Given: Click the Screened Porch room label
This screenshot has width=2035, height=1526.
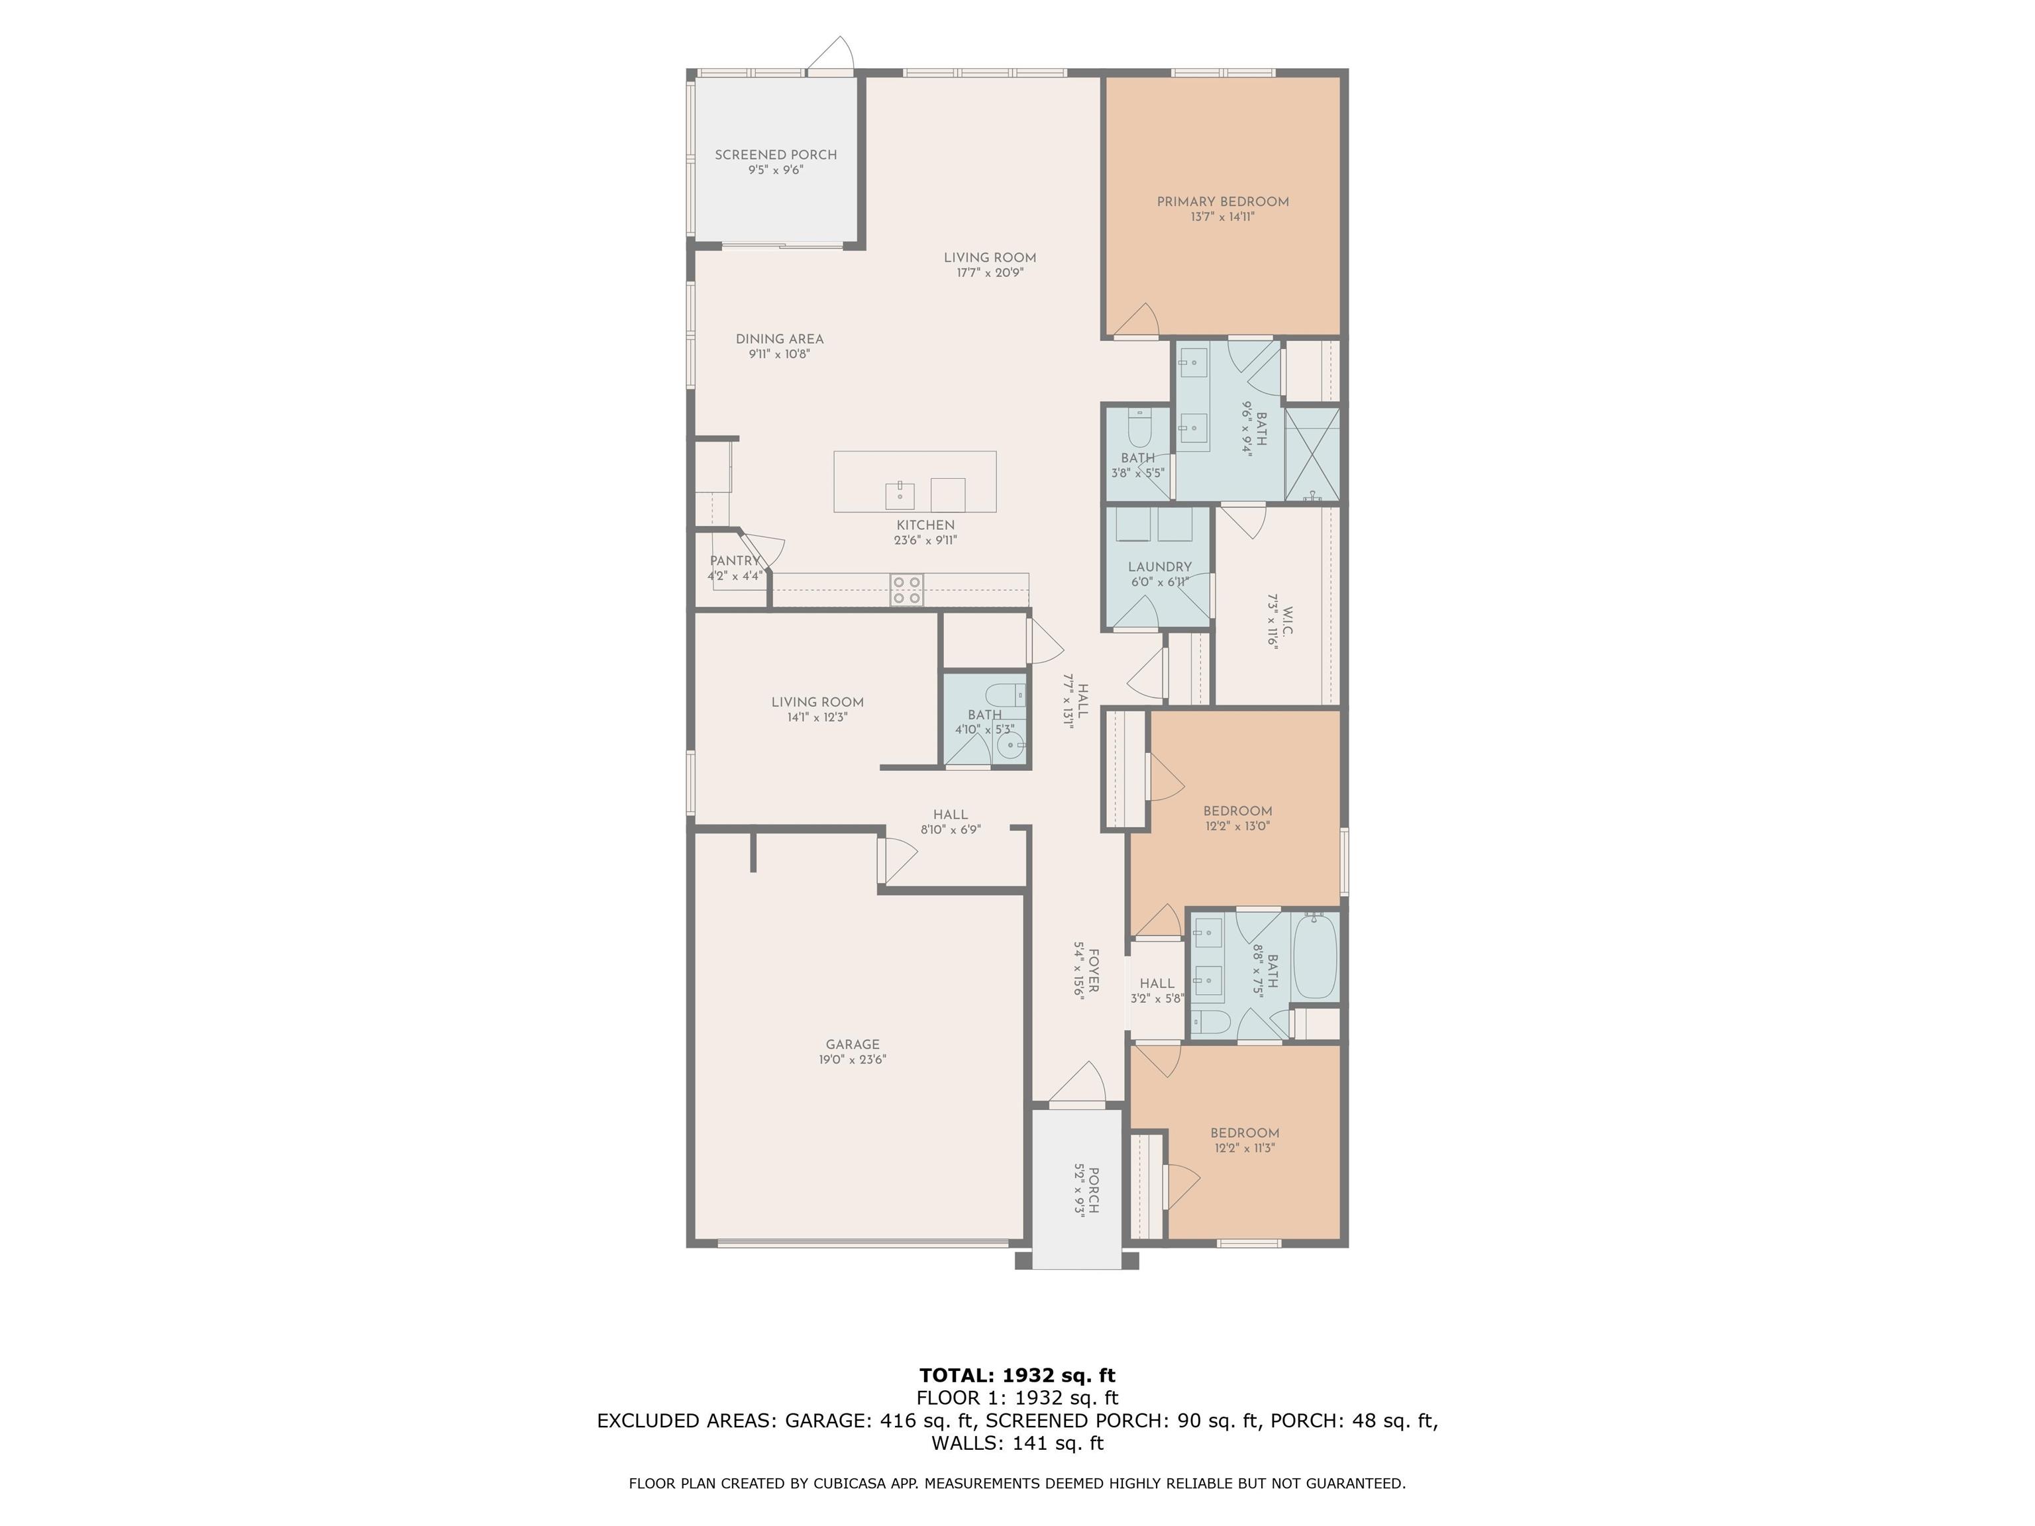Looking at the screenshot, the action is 776,154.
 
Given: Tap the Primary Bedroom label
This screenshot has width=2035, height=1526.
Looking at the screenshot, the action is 1223,201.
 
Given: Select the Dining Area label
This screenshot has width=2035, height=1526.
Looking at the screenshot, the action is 779,338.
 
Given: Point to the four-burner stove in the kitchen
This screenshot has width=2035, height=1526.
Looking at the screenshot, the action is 906,589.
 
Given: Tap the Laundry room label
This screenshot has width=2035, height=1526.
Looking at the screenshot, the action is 1159,566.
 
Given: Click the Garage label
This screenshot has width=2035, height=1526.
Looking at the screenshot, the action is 853,1044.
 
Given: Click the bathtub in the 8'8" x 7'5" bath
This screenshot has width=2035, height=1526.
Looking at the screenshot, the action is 1315,956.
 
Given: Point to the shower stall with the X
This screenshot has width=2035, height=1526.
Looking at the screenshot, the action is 1312,454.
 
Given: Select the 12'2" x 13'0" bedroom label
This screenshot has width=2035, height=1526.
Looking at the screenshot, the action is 1237,811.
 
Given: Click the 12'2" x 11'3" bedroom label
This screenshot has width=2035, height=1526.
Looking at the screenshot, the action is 1245,1133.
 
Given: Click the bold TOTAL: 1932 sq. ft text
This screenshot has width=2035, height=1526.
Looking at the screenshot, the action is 1017,1375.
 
